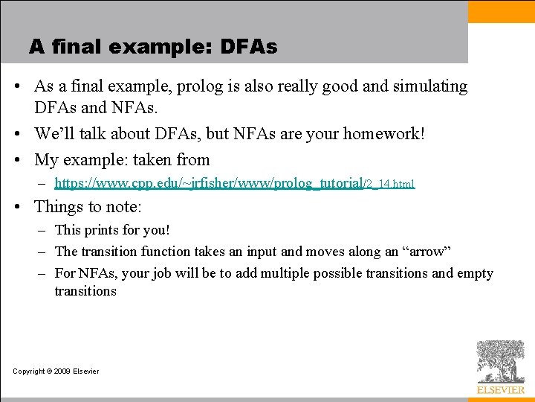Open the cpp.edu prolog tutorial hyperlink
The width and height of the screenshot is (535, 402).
pos(234,182)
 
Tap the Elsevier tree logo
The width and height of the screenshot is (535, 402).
pos(500,361)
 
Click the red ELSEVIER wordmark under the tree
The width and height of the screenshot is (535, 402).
pos(501,389)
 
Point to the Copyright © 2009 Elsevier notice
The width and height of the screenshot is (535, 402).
pos(56,371)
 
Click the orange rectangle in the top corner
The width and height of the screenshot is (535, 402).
pos(501,11)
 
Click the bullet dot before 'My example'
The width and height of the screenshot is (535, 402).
pos(24,159)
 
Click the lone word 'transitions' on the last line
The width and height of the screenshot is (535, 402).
pos(85,291)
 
